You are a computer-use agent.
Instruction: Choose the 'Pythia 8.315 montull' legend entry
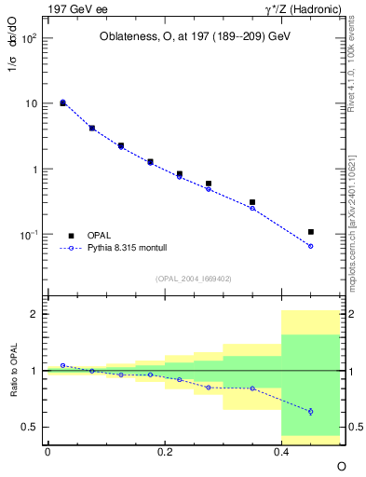coord(122,249)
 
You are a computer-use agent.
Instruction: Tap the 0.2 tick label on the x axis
coord(164,451)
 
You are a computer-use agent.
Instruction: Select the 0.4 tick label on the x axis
coord(281,451)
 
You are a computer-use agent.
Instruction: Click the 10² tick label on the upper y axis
coord(30,39)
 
